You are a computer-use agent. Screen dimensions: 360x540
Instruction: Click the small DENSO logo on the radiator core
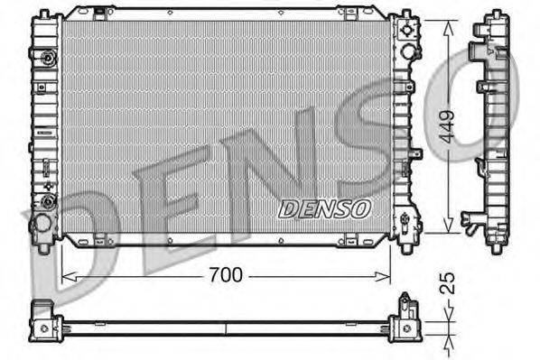(x=324, y=208)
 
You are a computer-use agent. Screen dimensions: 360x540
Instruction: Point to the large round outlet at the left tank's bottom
(x=41, y=222)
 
